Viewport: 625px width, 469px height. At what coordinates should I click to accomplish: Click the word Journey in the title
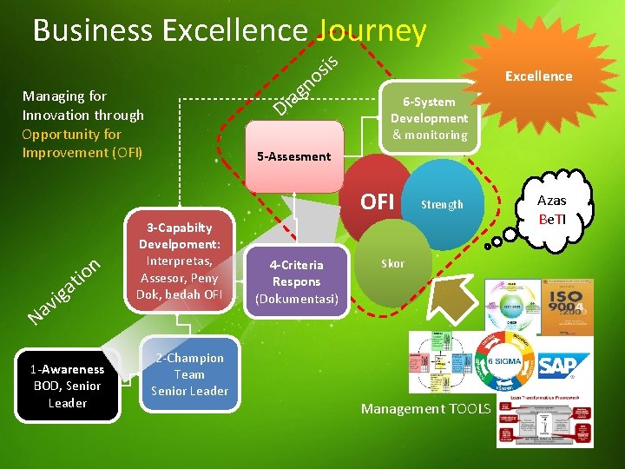pyautogui.click(x=372, y=31)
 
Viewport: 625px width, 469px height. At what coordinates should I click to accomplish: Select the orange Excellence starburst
pyautogui.click(x=538, y=76)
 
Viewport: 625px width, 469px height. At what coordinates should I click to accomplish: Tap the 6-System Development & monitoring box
pyautogui.click(x=429, y=118)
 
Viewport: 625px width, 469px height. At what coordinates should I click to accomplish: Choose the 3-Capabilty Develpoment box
pyautogui.click(x=179, y=261)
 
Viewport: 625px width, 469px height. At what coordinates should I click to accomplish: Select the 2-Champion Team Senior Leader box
pyautogui.click(x=189, y=374)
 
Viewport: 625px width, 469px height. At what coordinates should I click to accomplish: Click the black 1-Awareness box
pyautogui.click(x=68, y=386)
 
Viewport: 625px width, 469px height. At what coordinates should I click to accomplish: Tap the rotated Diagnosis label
pyautogui.click(x=305, y=84)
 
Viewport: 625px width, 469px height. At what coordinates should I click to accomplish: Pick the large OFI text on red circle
pyautogui.click(x=378, y=202)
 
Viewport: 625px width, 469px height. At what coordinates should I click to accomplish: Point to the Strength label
pyautogui.click(x=442, y=205)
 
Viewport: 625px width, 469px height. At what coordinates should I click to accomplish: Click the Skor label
pyautogui.click(x=392, y=263)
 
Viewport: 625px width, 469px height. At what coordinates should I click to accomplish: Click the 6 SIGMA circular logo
pyautogui.click(x=504, y=366)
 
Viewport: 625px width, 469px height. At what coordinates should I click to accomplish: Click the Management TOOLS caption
pyautogui.click(x=425, y=408)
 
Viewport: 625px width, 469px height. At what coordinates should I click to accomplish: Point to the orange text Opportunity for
pyautogui.click(x=72, y=134)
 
